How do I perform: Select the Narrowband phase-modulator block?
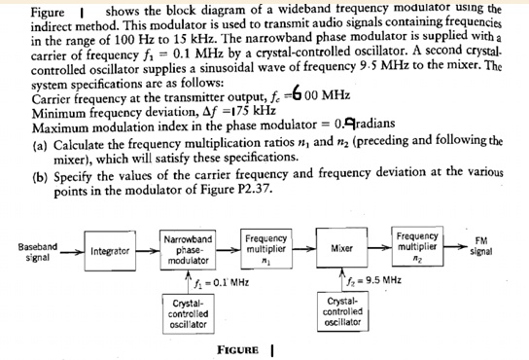(189, 249)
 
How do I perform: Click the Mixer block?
(342, 248)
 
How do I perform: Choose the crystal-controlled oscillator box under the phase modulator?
(188, 312)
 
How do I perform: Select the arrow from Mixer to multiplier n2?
(380, 248)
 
